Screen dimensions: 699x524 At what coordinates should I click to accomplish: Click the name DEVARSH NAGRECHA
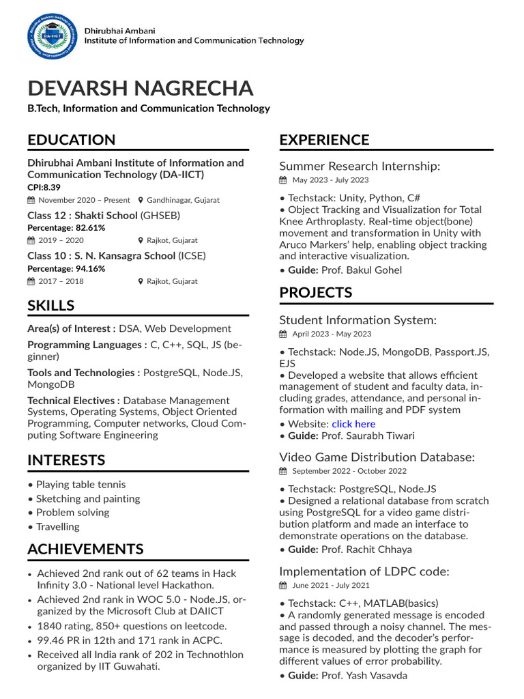tap(140, 88)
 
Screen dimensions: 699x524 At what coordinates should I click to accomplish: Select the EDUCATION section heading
tap(72, 140)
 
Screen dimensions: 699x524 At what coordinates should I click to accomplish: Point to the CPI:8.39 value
tap(44, 187)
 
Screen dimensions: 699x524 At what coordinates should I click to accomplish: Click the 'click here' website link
tap(353, 424)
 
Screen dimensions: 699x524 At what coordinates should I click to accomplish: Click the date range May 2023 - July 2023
tap(330, 180)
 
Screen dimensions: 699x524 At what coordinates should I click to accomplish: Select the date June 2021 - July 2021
tap(331, 585)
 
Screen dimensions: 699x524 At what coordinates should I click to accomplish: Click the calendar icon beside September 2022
tap(283, 471)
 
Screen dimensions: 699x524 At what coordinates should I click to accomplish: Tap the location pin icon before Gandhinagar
tap(141, 201)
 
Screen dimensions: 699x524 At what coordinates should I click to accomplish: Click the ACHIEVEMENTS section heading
tap(85, 549)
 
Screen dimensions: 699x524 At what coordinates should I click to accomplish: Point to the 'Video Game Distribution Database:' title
tap(377, 457)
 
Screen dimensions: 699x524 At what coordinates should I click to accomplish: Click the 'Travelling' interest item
tap(57, 526)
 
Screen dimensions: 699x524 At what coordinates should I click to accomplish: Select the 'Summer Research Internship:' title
tap(360, 166)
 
